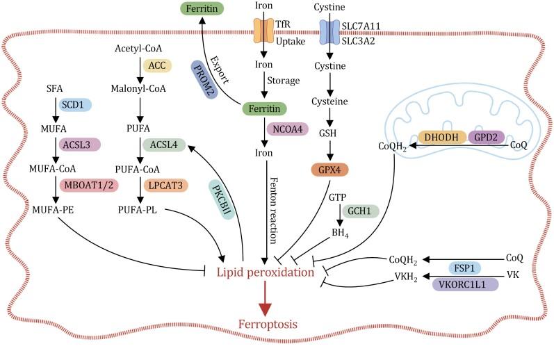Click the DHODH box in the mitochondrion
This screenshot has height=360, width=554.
point(441,138)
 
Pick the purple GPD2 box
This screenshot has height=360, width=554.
point(490,138)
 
